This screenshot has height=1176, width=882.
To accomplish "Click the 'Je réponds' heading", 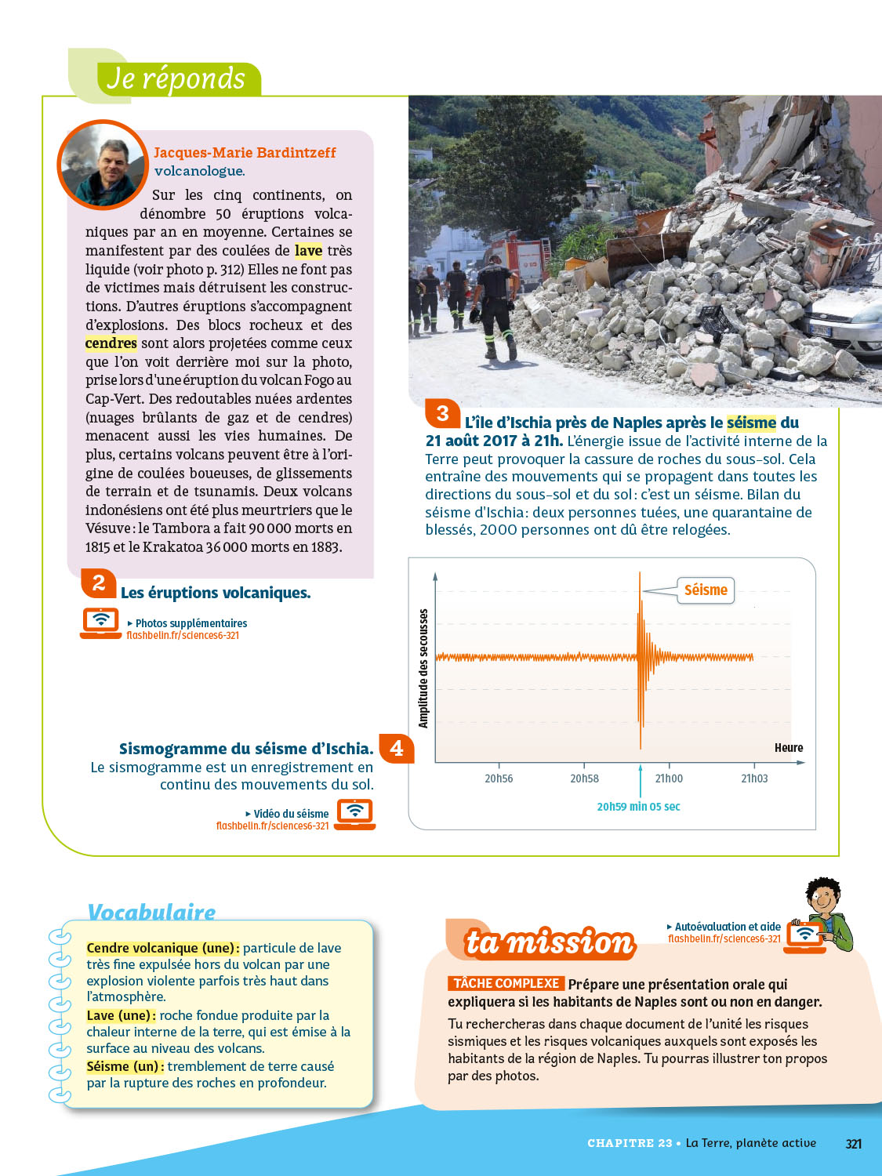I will [176, 79].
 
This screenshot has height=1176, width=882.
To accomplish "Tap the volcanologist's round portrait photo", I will [103, 165].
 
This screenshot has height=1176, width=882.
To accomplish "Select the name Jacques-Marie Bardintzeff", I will [245, 152].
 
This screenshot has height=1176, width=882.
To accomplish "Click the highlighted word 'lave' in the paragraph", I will [308, 251].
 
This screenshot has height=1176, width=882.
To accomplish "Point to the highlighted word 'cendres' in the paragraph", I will [111, 343].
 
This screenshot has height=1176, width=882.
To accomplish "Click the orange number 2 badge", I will [99, 583].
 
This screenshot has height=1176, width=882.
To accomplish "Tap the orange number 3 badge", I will [443, 413].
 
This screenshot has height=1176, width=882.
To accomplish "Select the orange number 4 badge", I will [397, 748].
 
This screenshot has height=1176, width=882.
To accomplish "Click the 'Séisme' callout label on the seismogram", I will [706, 590].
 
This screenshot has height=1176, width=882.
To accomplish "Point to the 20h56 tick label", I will [499, 779].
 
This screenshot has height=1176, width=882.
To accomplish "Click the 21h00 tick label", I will [669, 779].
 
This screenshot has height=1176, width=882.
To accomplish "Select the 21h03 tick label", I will [754, 779].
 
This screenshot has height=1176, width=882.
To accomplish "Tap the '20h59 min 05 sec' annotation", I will [638, 807].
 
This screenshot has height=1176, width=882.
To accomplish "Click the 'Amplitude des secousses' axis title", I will [423, 668].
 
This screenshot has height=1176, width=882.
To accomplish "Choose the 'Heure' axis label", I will [789, 748].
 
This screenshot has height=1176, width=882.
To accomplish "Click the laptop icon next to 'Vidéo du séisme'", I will [355, 813].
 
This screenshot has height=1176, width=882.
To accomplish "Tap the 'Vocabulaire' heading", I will [151, 912].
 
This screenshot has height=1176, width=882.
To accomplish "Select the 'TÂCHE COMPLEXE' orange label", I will [506, 983].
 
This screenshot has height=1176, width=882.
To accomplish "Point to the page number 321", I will [854, 1144].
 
